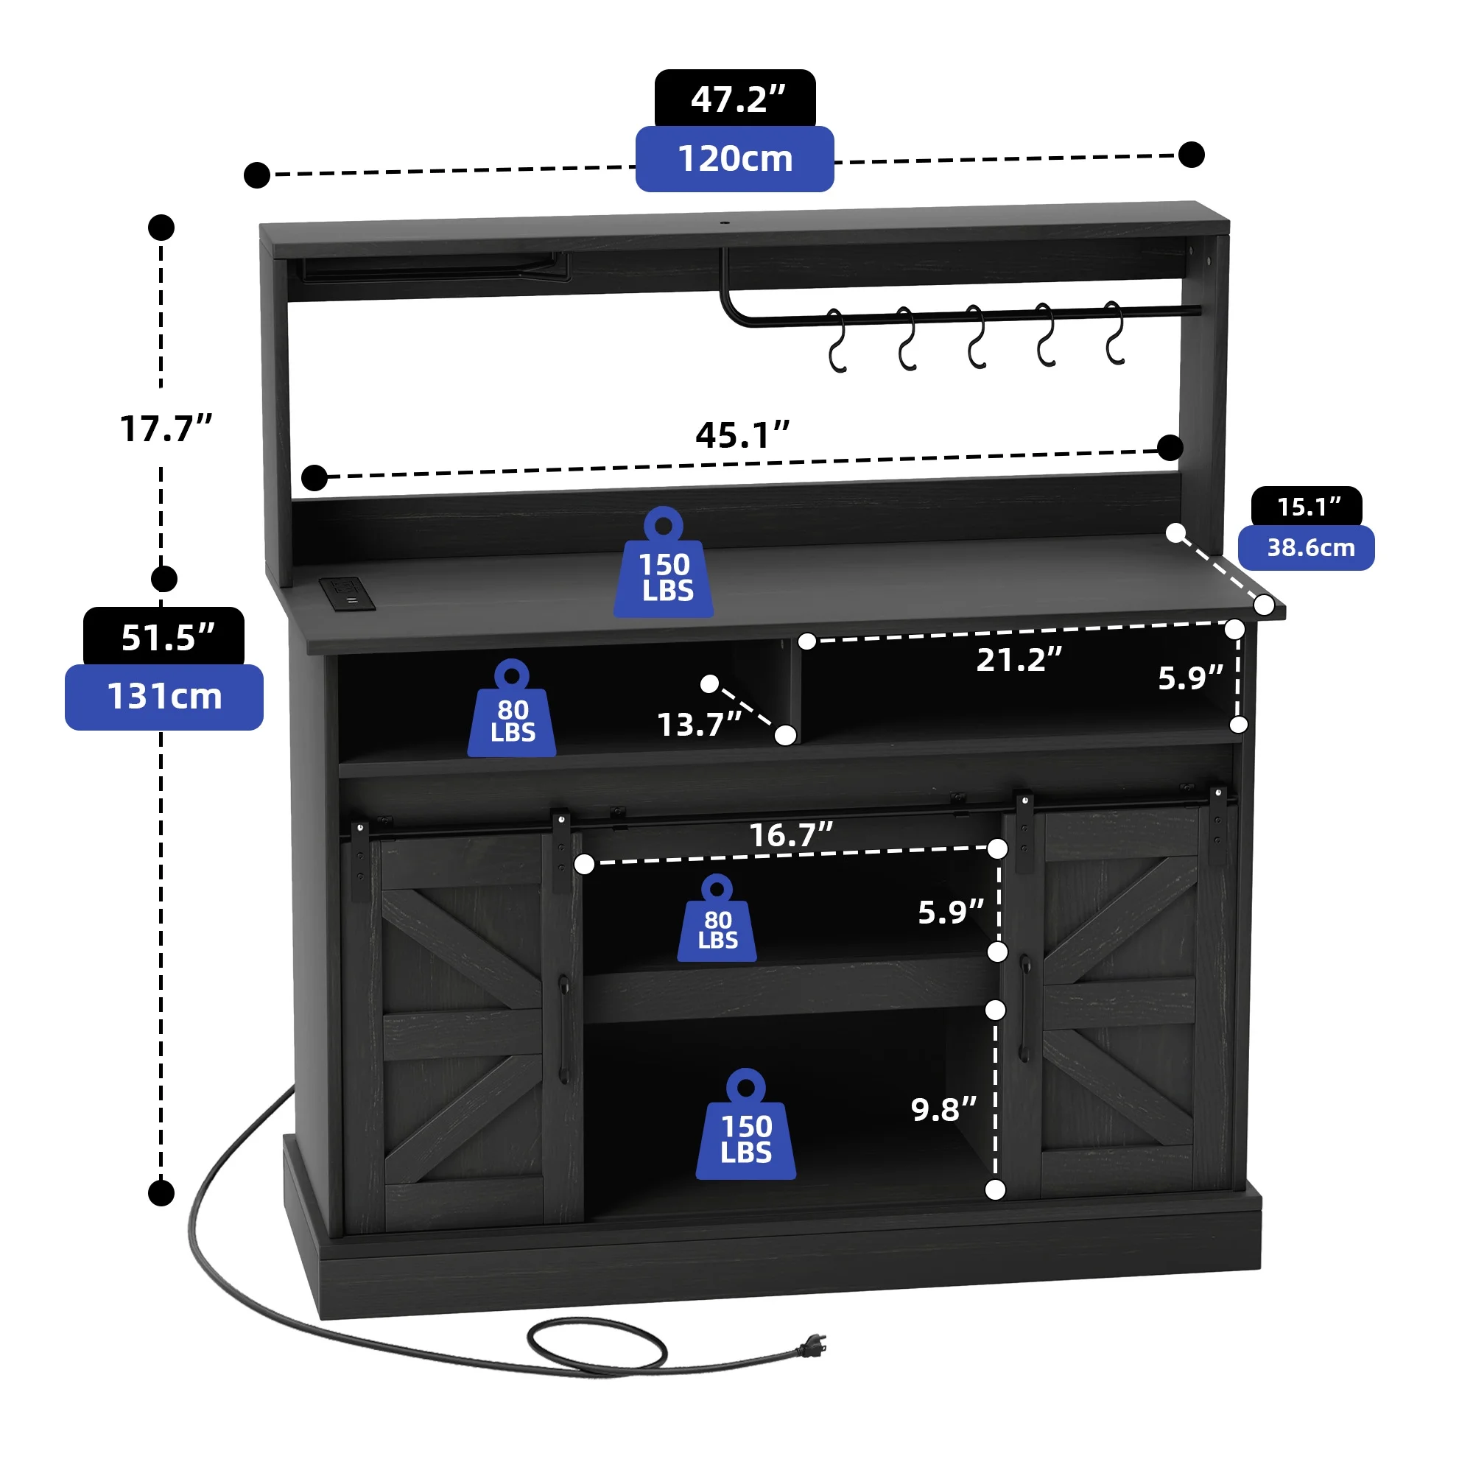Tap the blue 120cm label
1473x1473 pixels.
pyautogui.click(x=735, y=158)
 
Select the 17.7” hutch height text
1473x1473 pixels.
pyautogui.click(x=166, y=429)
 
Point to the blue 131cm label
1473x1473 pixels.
pyautogui.click(x=165, y=697)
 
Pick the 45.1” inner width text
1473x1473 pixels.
pyautogui.click(x=742, y=435)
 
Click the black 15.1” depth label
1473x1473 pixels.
pyautogui.click(x=1307, y=507)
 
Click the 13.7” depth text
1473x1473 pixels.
pyautogui.click(x=699, y=725)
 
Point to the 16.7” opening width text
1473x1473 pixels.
pyautogui.click(x=790, y=836)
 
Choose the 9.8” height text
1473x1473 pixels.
pyautogui.click(x=943, y=1110)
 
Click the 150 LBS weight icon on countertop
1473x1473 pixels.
pyautogui.click(x=664, y=568)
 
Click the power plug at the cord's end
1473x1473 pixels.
pyautogui.click(x=813, y=1347)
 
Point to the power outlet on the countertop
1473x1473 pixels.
pyautogui.click(x=347, y=593)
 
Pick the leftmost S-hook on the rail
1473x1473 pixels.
pyautogui.click(x=837, y=341)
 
